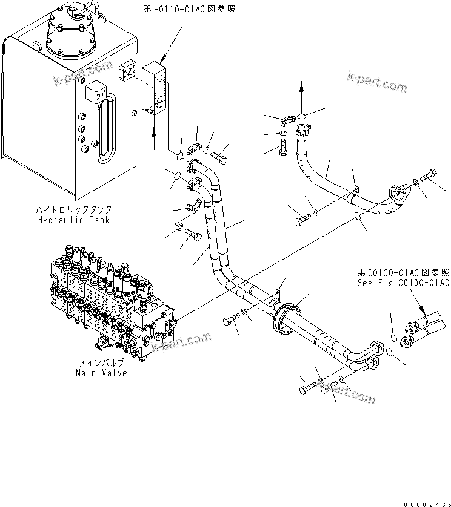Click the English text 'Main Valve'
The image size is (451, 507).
click(x=101, y=373)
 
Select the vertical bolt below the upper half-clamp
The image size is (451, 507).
click(x=283, y=148)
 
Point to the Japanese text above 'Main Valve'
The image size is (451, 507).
click(x=101, y=363)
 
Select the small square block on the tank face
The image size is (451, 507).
click(x=96, y=92)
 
